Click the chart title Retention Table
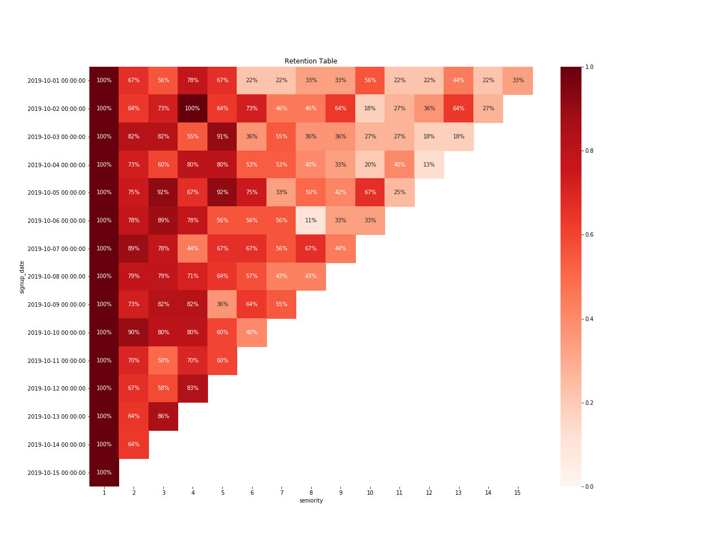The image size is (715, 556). [x=311, y=61]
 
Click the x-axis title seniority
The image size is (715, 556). [x=311, y=501]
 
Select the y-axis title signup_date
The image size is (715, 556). [x=22, y=277]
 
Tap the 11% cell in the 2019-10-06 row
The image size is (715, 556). [x=311, y=221]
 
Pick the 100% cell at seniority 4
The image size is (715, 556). [x=193, y=109]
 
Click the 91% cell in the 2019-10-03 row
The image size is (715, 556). [x=222, y=137]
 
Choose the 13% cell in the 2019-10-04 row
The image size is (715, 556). [x=429, y=165]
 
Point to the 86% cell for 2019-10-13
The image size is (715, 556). [x=163, y=416]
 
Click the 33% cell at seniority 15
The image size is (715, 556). [x=517, y=81]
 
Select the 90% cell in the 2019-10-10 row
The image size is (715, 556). [x=134, y=333]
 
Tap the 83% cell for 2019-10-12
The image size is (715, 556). [x=193, y=388]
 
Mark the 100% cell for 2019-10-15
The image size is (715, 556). [x=104, y=473]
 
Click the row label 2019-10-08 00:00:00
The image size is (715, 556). [x=57, y=276]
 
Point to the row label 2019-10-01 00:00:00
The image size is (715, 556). [x=57, y=81]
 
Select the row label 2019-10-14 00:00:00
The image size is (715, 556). [x=57, y=445]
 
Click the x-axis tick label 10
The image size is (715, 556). [x=370, y=493]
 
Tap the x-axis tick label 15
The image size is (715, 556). [x=517, y=493]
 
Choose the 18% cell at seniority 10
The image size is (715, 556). [x=370, y=109]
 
